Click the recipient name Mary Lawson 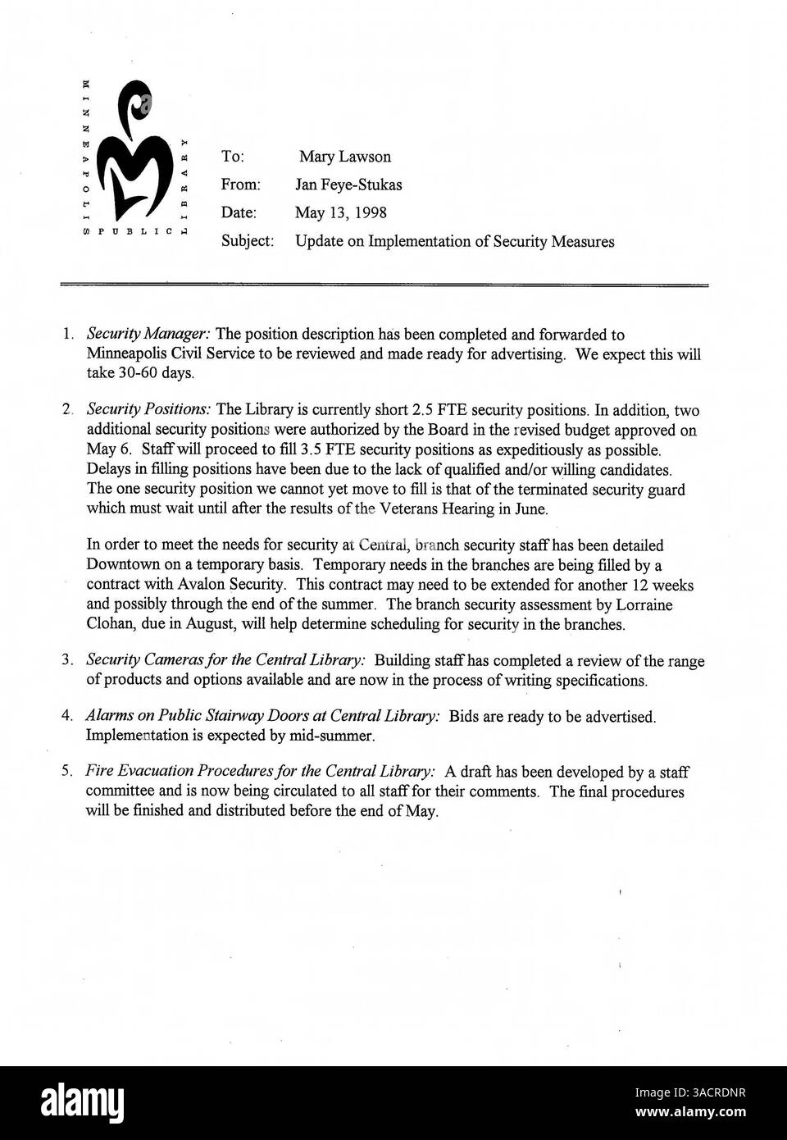click(344, 157)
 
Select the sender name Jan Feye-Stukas click(348, 185)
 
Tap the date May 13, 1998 click(341, 212)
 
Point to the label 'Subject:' click(247, 241)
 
